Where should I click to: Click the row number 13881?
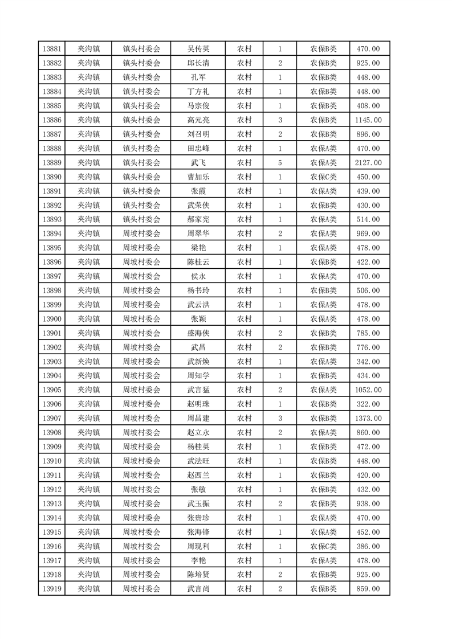click(x=52, y=48)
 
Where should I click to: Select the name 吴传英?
click(x=198, y=48)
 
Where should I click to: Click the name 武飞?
click(x=198, y=162)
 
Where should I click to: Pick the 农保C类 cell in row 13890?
click(x=323, y=177)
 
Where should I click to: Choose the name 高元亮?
click(x=198, y=120)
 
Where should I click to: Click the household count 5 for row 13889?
click(x=280, y=162)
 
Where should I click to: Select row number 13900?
click(x=52, y=319)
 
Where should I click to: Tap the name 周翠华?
click(x=198, y=234)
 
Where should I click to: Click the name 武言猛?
click(x=198, y=390)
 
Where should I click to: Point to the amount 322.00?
click(x=368, y=404)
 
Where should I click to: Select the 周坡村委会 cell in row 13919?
click(x=142, y=589)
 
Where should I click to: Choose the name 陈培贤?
click(x=198, y=575)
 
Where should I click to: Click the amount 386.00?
click(x=368, y=546)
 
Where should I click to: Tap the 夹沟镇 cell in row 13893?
click(x=89, y=219)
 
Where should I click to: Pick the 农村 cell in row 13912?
click(x=245, y=489)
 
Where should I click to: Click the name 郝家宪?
click(x=198, y=219)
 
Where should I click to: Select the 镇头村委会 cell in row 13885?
click(x=142, y=105)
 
